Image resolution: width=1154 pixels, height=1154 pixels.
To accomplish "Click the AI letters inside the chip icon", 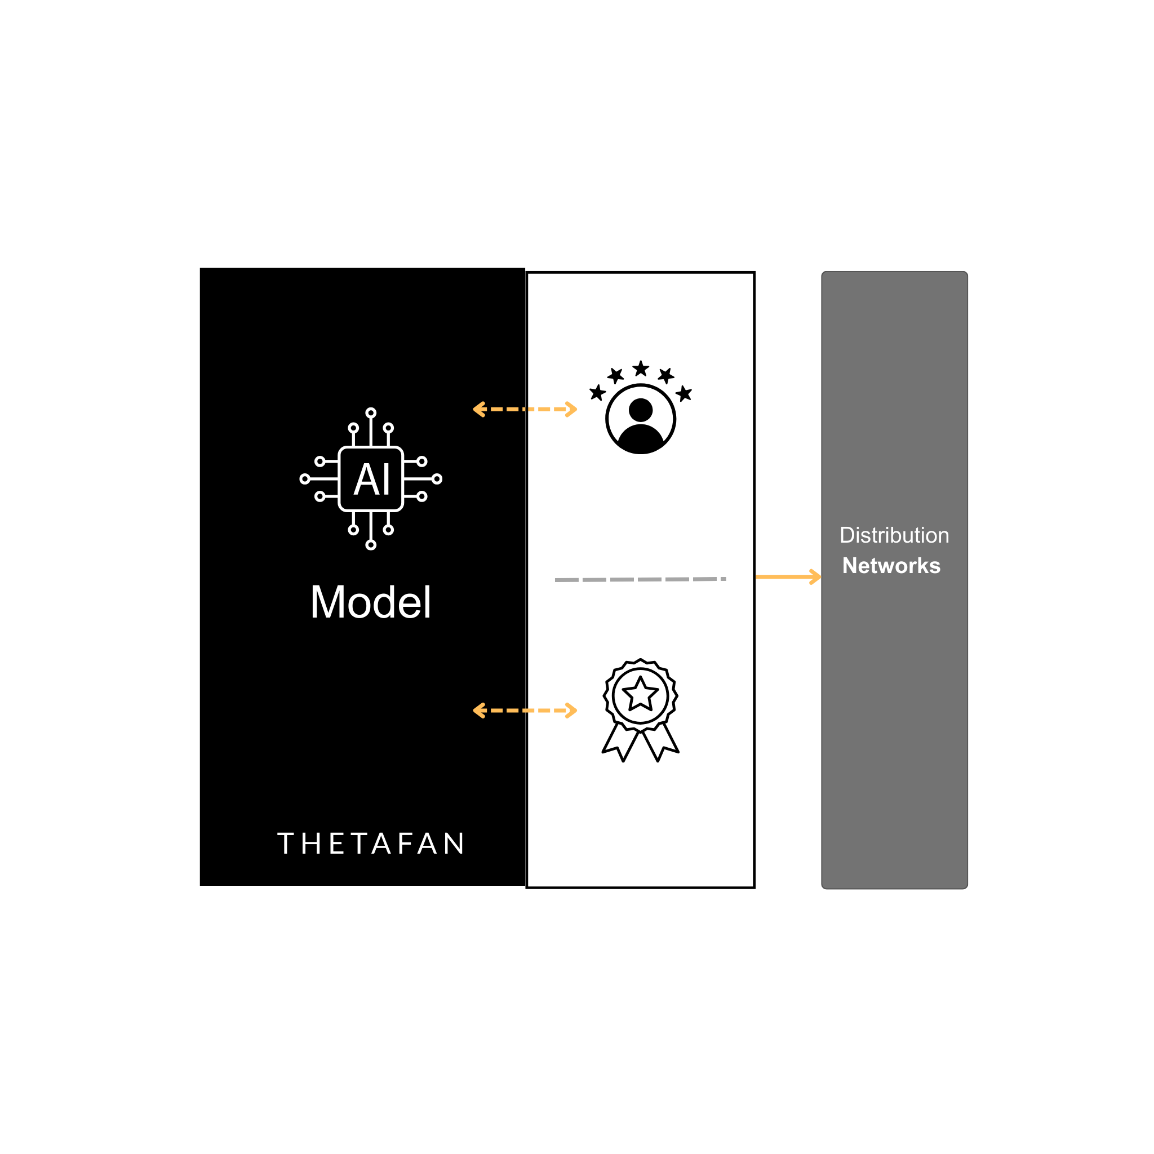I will (371, 479).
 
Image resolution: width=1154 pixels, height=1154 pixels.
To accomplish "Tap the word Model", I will (370, 602).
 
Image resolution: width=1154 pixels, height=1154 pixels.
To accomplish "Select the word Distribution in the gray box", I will (894, 535).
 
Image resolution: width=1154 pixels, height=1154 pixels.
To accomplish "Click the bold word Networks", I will (891, 566).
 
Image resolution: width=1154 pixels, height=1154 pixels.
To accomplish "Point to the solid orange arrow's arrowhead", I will (816, 577).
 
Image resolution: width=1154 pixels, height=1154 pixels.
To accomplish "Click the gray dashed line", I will (639, 579).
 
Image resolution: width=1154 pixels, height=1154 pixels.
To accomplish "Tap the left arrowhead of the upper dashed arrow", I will (478, 409).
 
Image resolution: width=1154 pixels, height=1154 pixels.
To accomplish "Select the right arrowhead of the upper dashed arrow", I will (572, 409).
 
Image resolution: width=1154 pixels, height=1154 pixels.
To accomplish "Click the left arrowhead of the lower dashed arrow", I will (478, 710).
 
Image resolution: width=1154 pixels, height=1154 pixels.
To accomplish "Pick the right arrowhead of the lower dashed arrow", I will (572, 710).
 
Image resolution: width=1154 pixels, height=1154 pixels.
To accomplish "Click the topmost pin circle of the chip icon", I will (371, 412).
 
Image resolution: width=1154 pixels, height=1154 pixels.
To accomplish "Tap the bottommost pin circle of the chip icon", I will (371, 545).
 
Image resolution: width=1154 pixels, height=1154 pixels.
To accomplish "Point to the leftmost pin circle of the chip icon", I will (305, 479).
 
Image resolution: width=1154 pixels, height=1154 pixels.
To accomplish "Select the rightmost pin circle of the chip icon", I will (437, 479).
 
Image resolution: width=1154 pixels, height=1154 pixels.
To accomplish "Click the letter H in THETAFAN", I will (311, 844).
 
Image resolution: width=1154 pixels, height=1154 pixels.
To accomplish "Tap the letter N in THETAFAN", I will (454, 844).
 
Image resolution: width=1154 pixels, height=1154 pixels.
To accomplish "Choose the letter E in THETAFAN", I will (336, 844).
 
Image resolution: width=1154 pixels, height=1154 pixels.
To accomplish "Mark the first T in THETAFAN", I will (286, 844).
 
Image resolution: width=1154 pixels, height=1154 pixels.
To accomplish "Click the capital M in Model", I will (329, 602).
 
